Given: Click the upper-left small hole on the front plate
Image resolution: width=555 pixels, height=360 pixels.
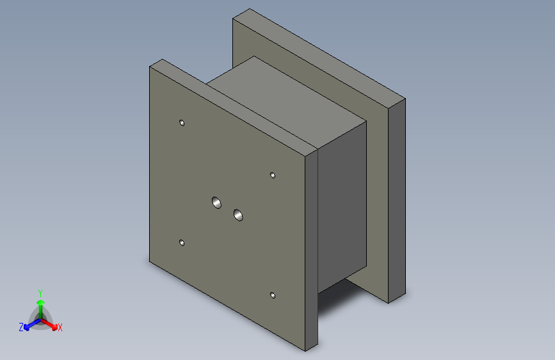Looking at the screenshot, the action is pos(182,123).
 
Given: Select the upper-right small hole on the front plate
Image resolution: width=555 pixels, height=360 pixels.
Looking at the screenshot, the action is pos(273,176).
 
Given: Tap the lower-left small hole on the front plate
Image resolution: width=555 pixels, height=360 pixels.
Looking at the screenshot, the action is pos(182,243).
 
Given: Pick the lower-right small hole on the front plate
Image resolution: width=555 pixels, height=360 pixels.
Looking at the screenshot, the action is pos(273,295).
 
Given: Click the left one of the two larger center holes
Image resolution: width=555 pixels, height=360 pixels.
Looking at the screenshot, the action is pos(216,202).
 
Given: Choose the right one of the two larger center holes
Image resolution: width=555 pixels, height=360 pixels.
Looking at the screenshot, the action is pos(238,215).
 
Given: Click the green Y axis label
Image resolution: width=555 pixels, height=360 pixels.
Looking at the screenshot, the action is pos(40,293).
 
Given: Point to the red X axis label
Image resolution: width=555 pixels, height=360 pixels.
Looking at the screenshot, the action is pos(60,328).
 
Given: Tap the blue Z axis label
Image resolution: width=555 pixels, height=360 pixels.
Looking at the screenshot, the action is pos(21,327).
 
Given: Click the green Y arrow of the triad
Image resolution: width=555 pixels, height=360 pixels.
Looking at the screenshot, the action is pos(41,309).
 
